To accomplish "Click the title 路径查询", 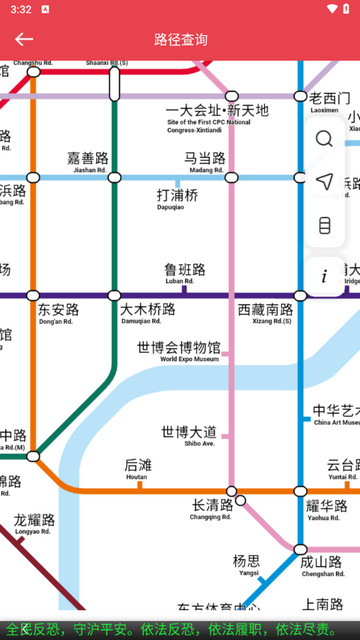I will (x=181, y=40).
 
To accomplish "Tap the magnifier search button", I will (x=324, y=139).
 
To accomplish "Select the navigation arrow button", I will (x=324, y=182).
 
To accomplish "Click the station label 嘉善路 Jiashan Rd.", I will (x=88, y=162).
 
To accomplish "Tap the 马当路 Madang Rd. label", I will (x=204, y=162).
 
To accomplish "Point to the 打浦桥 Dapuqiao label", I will (x=177, y=199).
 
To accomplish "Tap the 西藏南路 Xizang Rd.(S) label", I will (x=265, y=314).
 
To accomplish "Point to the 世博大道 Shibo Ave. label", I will (x=188, y=436).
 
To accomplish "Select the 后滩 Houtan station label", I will (x=138, y=469).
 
